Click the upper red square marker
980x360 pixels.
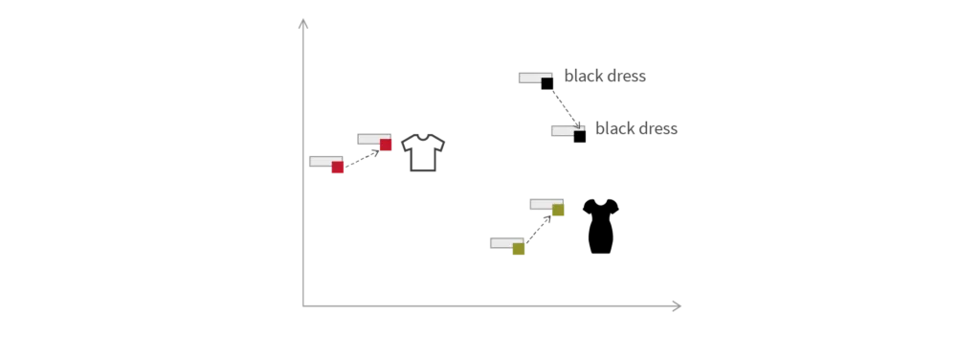(386, 146)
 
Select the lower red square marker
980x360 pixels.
(337, 169)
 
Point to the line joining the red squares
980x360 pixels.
(361, 158)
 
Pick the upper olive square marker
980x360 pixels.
(558, 213)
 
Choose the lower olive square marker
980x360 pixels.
(519, 251)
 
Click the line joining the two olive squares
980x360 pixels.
(539, 231)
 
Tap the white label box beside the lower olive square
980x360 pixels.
(502, 244)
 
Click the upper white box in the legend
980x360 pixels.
(532, 77)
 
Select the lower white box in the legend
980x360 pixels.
(562, 130)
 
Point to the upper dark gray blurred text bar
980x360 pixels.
(604, 74)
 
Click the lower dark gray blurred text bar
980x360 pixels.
(635, 127)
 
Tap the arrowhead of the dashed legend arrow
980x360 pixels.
(576, 124)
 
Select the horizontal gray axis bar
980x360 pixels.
(498, 306)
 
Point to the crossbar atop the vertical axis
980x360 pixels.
(302, 27)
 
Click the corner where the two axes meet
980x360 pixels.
(303, 306)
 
